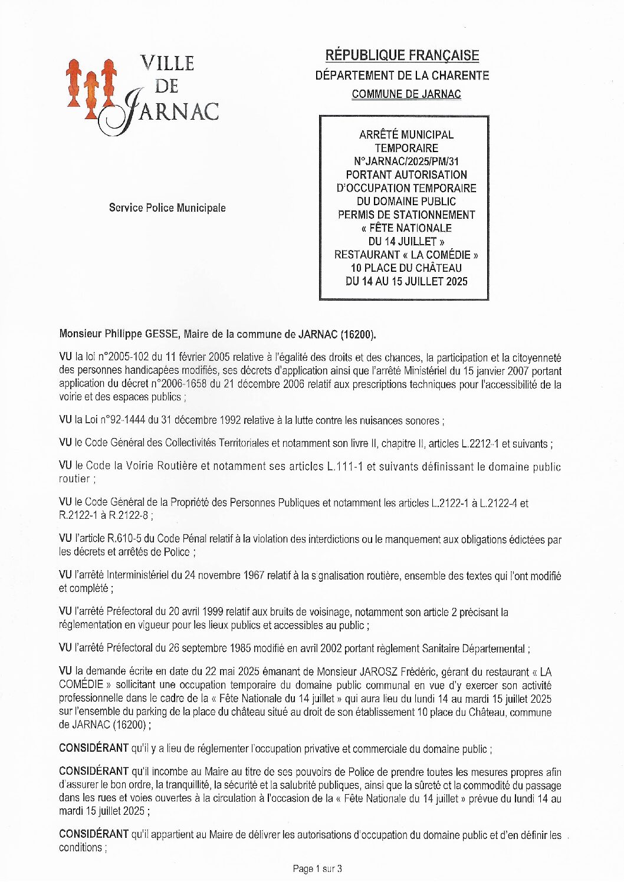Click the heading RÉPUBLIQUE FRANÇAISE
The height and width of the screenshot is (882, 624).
[402, 55]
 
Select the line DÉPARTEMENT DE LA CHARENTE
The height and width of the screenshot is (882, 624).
[402, 75]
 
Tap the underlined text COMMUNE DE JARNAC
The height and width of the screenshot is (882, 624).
[406, 94]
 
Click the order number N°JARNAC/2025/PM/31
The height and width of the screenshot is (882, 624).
[406, 162]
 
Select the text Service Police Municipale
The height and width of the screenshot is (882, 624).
[167, 208]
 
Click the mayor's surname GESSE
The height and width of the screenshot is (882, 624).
[161, 334]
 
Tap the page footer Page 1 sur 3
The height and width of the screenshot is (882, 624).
[317, 868]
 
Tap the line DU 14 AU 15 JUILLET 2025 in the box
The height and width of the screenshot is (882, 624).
[406, 282]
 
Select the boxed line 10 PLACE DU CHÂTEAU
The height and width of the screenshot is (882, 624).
[406, 268]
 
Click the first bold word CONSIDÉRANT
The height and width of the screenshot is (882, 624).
[93, 749]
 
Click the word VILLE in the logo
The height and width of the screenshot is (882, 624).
[167, 64]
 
